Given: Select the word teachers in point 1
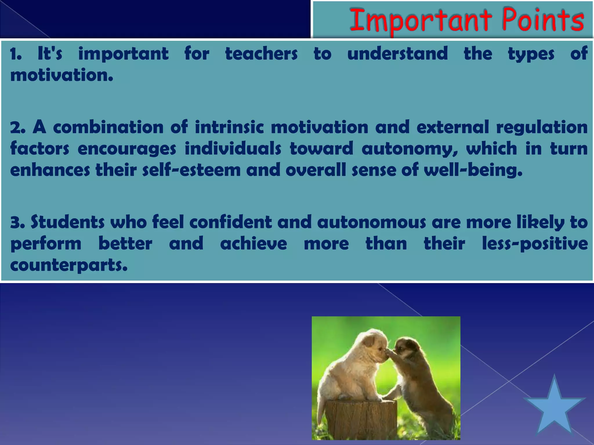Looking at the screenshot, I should tap(261, 54).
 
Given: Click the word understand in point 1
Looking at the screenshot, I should tap(398, 54).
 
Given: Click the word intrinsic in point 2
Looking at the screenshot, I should tap(229, 127).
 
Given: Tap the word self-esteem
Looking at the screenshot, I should tap(192, 170).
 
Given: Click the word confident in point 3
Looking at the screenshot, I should tap(231, 222).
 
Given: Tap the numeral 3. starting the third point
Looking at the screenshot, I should tap(18, 222).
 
